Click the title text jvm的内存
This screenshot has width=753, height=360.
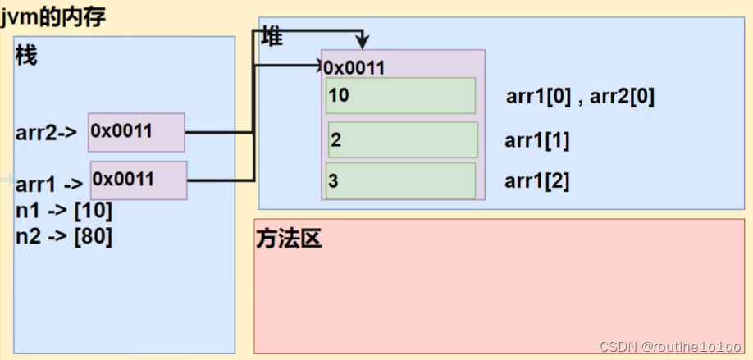coord(53,16)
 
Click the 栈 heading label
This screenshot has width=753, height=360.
coord(26,57)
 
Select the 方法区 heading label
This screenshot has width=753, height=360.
coord(289,239)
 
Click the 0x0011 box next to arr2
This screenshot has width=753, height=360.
coord(136,132)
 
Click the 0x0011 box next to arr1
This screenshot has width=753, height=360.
coord(139,180)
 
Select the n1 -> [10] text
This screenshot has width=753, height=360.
coord(64,211)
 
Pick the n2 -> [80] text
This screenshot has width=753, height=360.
coord(64,237)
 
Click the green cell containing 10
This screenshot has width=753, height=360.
coord(400,96)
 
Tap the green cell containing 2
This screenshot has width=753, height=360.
coord(403,140)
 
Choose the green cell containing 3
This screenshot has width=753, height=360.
coord(400,181)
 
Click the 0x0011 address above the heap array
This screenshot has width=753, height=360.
coord(354,67)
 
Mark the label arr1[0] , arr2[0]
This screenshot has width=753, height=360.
coord(580,97)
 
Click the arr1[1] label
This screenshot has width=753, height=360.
coord(536,140)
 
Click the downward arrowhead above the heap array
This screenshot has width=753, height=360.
coord(361,42)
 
